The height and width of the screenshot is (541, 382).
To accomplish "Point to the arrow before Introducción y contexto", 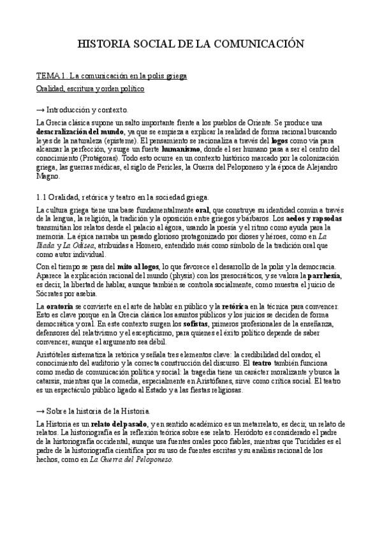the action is pos(41,110).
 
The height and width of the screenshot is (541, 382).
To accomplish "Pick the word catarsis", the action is pos(50,381).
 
